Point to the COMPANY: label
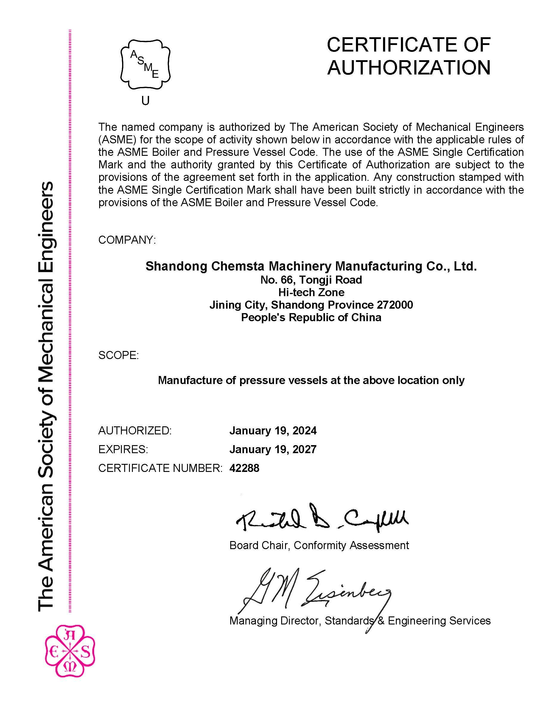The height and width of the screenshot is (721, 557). (127, 240)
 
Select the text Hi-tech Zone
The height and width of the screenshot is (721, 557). (311, 292)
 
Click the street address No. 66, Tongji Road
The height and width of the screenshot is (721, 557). (311, 280)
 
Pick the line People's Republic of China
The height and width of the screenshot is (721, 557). (311, 317)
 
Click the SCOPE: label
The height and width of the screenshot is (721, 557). (119, 355)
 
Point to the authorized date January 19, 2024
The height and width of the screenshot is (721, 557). (273, 431)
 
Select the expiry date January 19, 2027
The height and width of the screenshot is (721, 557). (273, 449)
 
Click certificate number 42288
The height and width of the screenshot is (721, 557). (244, 468)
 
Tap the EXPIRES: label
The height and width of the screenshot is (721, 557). (123, 449)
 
